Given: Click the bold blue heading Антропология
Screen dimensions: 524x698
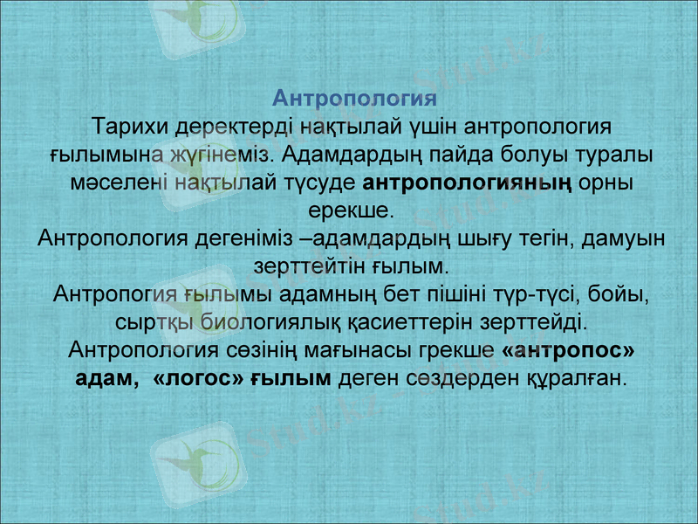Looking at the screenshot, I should (x=354, y=96).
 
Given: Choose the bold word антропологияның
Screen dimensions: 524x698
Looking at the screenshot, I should (x=467, y=183).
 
